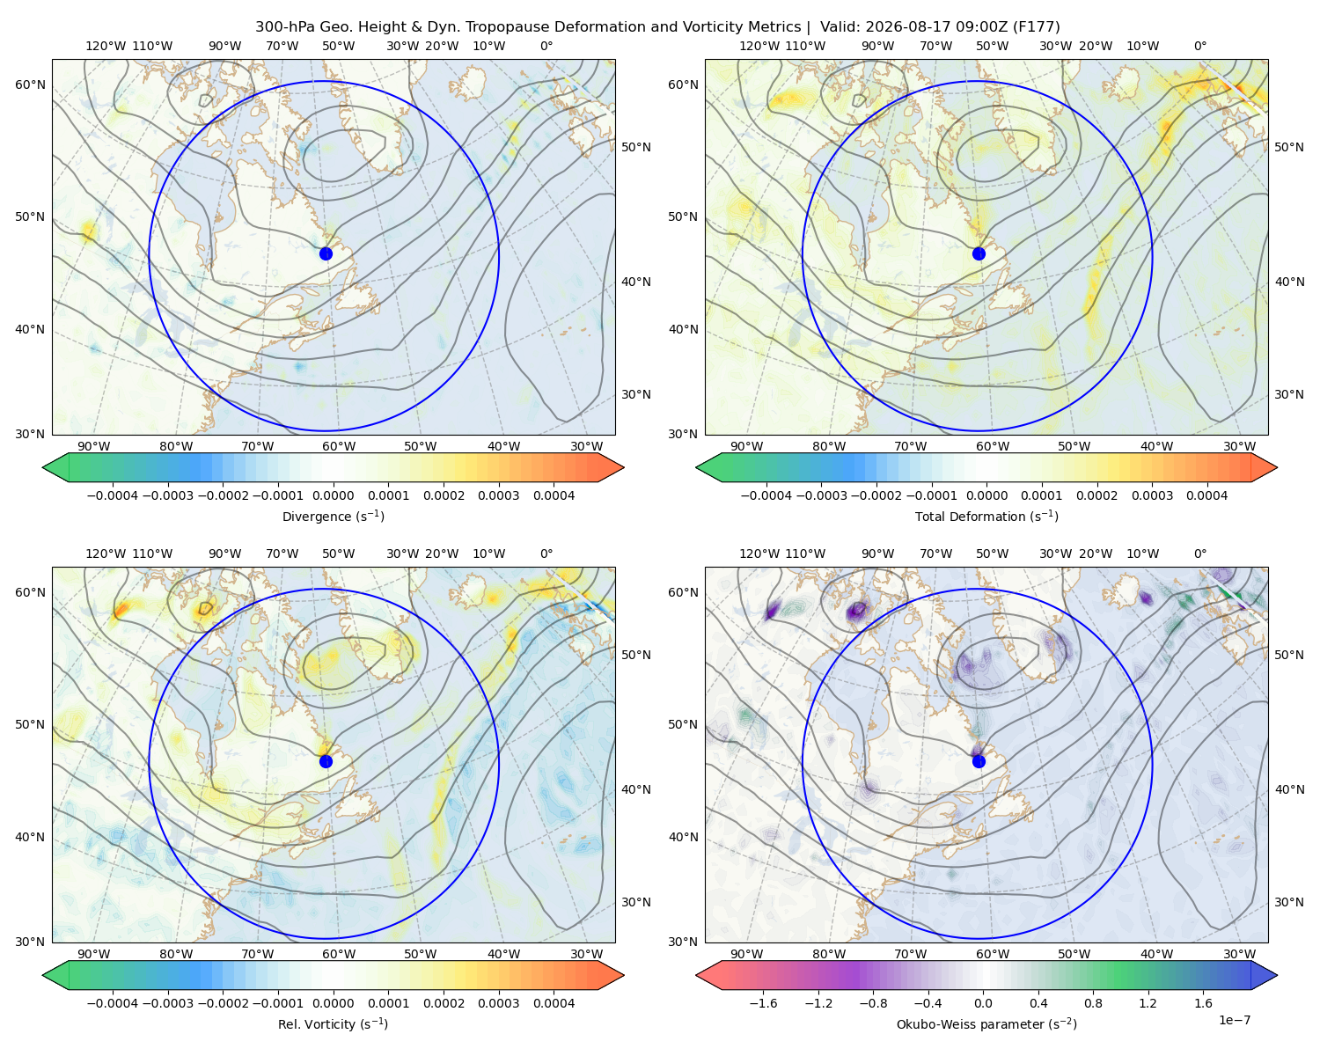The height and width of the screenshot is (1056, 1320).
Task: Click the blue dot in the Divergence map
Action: [x=326, y=253]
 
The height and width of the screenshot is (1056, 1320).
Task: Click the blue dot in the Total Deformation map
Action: [x=979, y=253]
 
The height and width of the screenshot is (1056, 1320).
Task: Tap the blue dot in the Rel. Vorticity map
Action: [x=326, y=761]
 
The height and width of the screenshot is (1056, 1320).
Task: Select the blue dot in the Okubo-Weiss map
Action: [x=979, y=761]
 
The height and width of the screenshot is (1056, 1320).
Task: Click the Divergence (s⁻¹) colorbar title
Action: [x=333, y=516]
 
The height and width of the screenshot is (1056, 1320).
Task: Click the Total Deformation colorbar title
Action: [x=986, y=516]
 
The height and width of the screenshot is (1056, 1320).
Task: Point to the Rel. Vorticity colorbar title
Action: [x=333, y=1023]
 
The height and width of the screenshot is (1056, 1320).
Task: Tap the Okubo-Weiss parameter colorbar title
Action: [x=986, y=1023]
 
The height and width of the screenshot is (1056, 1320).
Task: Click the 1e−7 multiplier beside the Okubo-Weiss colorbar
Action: [x=1234, y=1020]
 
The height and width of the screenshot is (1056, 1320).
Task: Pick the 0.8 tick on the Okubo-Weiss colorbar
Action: [x=1093, y=1002]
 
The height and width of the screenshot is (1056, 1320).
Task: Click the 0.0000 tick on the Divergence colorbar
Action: [x=333, y=495]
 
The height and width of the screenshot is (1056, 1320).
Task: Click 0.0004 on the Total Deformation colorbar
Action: [x=1206, y=495]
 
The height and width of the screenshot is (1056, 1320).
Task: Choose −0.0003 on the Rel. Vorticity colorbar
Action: [x=167, y=1002]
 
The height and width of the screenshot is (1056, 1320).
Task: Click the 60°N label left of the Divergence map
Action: [x=30, y=84]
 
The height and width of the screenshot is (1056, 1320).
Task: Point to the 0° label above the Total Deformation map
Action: [x=1199, y=46]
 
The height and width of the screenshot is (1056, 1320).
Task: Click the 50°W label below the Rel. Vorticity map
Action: [x=420, y=954]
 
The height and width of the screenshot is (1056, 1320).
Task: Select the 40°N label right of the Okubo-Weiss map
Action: [x=1289, y=789]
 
